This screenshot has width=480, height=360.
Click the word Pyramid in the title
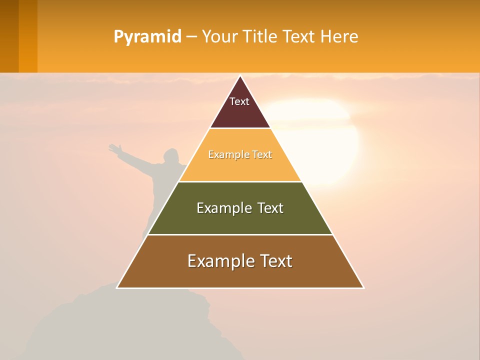click(x=147, y=37)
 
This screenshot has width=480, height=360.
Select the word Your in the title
click(x=218, y=36)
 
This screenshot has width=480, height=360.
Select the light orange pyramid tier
click(x=240, y=167)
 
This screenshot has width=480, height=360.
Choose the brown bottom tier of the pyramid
click(x=240, y=275)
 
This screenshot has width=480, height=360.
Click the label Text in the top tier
click(x=239, y=101)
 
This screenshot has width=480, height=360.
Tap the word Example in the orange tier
click(x=223, y=155)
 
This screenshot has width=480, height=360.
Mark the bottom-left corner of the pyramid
click(x=117, y=287)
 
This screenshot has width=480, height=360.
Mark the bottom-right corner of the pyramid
click(x=363, y=287)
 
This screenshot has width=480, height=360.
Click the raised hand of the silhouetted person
click(x=114, y=148)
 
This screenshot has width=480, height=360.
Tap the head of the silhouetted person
click(x=171, y=154)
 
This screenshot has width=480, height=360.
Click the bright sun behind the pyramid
click(x=325, y=135)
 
